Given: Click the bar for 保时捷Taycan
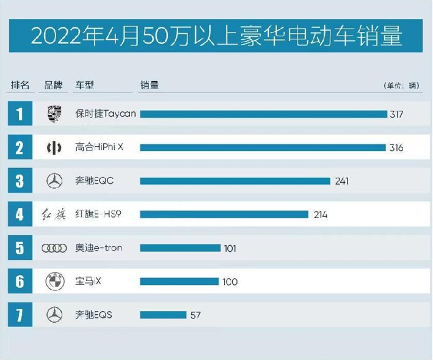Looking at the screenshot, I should [263, 114].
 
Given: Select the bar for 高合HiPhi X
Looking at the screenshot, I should [263, 148].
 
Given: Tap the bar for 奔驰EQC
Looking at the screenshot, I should [235, 181].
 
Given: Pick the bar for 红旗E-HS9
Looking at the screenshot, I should [224, 214].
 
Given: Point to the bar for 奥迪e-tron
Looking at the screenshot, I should [180, 248].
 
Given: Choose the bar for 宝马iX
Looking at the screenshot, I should [179, 282].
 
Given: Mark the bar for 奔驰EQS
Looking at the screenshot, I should [163, 315].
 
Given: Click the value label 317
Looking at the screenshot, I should [396, 114].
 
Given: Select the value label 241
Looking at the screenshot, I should [341, 181].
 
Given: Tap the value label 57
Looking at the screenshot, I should [195, 315].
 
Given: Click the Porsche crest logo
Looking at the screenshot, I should [54, 114].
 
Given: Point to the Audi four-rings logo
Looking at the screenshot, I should [54, 248].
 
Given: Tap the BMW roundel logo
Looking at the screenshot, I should [54, 282].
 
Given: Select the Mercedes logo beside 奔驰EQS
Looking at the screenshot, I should [54, 315].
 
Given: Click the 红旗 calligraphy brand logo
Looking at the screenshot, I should [54, 215].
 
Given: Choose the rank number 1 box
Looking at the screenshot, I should [20, 114].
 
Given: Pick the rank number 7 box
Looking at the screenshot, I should [20, 315].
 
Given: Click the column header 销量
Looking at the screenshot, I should [149, 85].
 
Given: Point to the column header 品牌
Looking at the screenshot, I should [54, 85].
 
